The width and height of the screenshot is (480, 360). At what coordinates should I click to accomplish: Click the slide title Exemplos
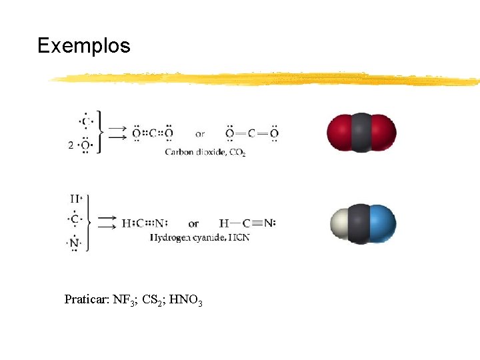pyautogui.click(x=83, y=46)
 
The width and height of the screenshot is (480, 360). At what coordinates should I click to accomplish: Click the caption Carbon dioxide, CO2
pyautogui.click(x=205, y=153)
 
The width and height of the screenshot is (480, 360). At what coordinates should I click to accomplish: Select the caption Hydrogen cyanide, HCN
pyautogui.click(x=199, y=237)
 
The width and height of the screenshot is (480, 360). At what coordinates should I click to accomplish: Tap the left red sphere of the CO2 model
pyautogui.click(x=339, y=133)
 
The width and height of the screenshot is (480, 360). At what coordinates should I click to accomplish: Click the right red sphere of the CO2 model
pyautogui.click(x=383, y=133)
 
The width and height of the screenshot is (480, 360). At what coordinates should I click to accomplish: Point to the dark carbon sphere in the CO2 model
pyautogui.click(x=361, y=133)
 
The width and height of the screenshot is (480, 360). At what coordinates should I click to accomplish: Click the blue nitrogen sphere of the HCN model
pyautogui.click(x=382, y=223)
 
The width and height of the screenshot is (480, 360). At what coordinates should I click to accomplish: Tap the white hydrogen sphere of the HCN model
pyautogui.click(x=340, y=224)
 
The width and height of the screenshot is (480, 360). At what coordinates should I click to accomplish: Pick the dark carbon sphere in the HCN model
pyautogui.click(x=360, y=223)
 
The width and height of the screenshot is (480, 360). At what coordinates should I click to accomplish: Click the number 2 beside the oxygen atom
pyautogui.click(x=71, y=145)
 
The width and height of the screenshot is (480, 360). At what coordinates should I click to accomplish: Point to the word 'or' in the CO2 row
pyautogui.click(x=201, y=133)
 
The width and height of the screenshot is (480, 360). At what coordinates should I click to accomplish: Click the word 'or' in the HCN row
pyautogui.click(x=193, y=223)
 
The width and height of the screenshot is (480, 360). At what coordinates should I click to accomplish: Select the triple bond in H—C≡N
pyautogui.click(x=257, y=223)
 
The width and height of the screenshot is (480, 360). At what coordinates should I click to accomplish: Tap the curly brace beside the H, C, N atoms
pyautogui.click(x=89, y=222)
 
